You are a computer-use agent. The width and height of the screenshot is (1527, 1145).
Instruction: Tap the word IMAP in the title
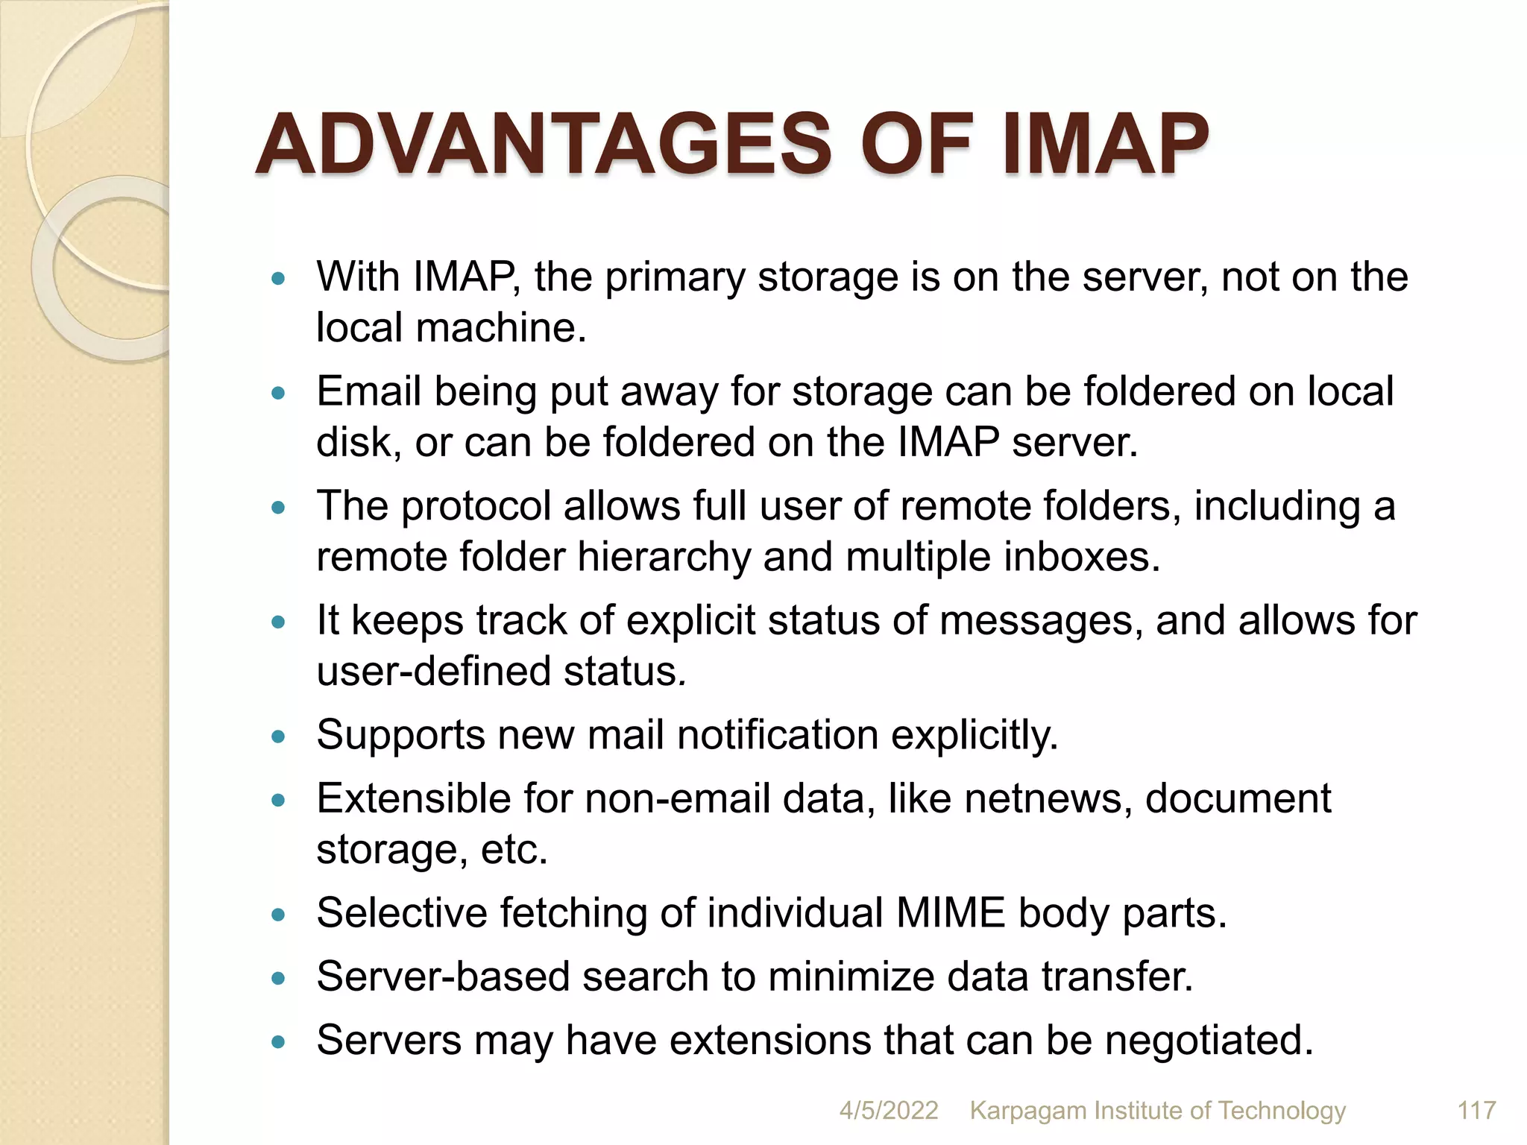click(x=1105, y=143)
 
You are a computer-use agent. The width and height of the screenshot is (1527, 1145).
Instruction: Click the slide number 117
click(x=1476, y=1111)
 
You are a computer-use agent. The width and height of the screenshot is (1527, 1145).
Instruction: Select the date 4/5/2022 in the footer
click(x=889, y=1111)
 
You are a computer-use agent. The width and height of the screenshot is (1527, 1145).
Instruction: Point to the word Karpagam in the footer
click(x=1028, y=1111)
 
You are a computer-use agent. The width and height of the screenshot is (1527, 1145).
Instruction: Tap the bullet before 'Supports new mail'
click(x=279, y=737)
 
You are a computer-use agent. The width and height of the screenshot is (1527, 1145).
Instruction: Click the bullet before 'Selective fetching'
click(x=279, y=915)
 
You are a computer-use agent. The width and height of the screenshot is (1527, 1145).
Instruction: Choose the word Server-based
click(x=443, y=977)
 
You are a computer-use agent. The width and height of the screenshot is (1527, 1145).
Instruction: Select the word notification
click(x=777, y=735)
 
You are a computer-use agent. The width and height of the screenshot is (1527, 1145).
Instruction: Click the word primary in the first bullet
click(x=674, y=278)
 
